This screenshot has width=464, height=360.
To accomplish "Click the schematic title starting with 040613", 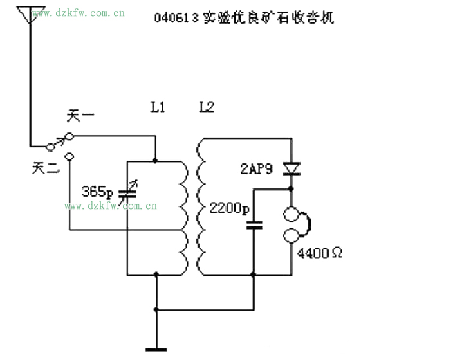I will click(244, 17).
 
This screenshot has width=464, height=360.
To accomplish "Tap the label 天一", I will click(81, 117).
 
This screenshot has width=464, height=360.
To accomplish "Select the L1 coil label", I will click(157, 107).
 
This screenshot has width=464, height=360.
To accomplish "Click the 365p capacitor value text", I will click(97, 192).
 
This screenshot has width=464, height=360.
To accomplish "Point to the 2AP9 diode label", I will click(255, 169).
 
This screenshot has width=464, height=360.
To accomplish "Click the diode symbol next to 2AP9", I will click(292, 169).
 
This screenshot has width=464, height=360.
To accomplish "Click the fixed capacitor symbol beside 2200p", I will click(254, 225).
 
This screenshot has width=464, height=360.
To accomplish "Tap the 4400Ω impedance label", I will click(319, 253).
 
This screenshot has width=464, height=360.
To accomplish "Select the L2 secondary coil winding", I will click(200, 206).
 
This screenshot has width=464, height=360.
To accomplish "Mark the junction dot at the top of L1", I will click(155, 160).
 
